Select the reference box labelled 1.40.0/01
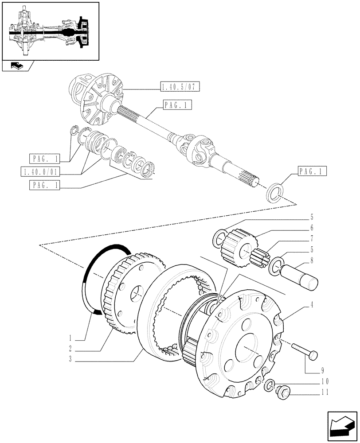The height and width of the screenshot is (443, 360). click(41, 171)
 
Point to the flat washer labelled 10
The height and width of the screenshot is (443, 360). click(269, 386)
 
